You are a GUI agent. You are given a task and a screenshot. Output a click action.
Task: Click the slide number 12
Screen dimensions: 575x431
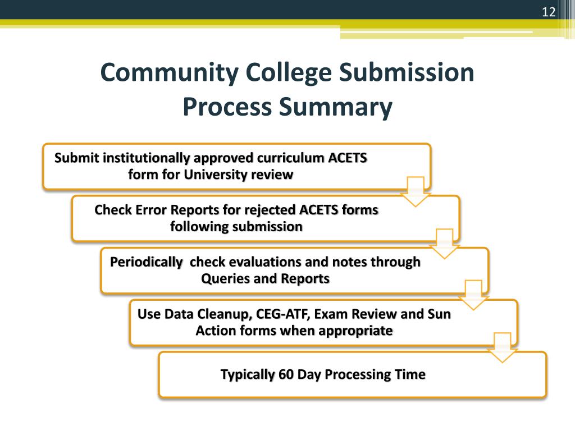[548, 12]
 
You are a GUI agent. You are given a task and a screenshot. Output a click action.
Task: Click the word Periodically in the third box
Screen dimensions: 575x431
[146, 262]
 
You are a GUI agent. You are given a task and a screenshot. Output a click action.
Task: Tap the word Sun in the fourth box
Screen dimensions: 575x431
[439, 314]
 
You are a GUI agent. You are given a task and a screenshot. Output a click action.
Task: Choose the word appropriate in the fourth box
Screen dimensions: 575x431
[355, 331]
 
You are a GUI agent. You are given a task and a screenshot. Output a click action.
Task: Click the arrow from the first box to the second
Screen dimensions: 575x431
[416, 191]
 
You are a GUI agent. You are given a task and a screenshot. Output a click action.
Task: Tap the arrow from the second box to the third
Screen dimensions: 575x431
[445, 243]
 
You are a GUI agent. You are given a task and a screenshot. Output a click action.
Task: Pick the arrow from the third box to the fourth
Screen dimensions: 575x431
[473, 295]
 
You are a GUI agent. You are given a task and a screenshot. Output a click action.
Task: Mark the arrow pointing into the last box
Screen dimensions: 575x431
[502, 347]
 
